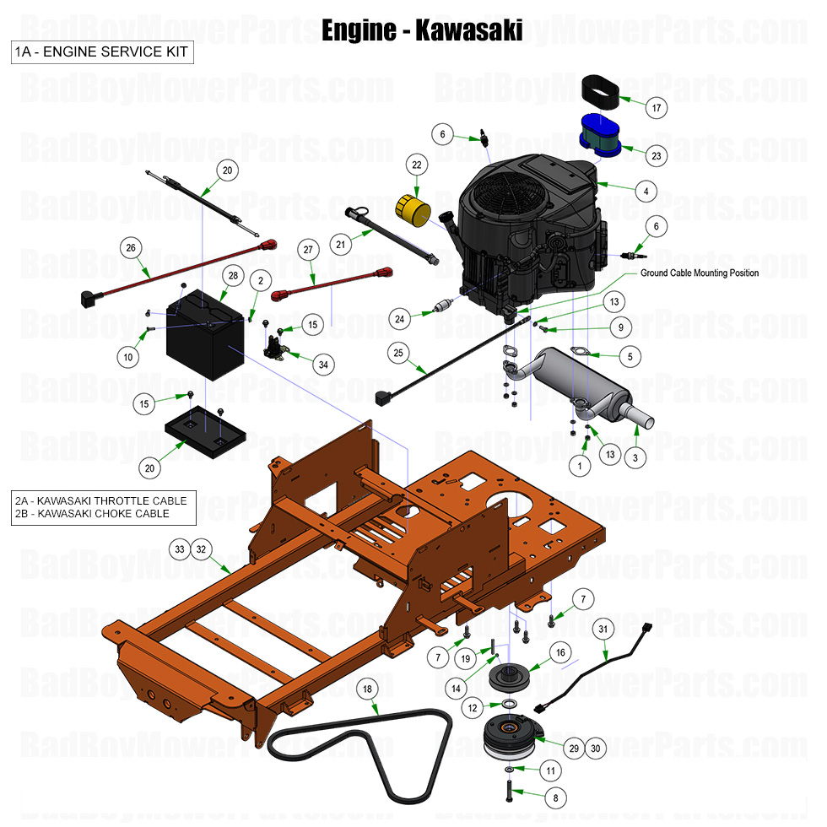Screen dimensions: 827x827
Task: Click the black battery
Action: coord(205,336)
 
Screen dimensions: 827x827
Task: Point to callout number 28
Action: coord(233,276)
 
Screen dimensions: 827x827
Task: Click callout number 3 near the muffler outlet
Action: coord(634,457)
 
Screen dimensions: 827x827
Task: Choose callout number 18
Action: coord(367,689)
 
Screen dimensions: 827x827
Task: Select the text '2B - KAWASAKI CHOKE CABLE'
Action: coord(92,513)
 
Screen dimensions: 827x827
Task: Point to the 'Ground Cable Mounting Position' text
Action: coord(699,273)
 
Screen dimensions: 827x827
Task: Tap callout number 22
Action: coord(416,164)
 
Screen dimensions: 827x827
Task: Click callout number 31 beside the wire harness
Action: coord(603,629)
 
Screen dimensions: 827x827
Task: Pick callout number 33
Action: coord(179,548)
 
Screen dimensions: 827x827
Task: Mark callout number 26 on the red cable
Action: coord(129,248)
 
